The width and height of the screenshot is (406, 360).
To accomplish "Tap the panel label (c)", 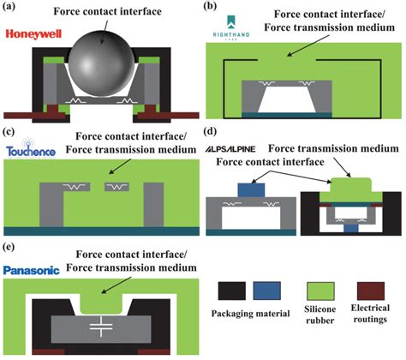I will click(10, 131).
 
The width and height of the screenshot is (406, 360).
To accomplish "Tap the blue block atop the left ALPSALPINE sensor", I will click(251, 188).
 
